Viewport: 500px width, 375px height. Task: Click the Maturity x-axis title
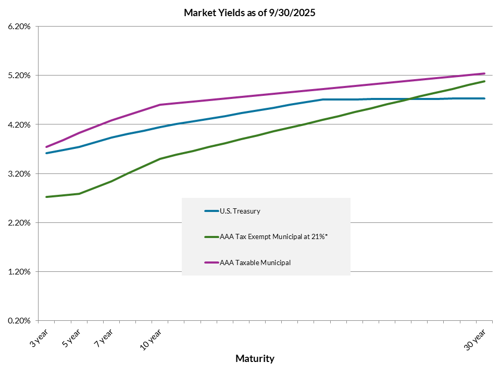255,358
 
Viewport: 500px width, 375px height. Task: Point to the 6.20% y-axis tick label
19,26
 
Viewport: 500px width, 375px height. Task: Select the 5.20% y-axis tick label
19,76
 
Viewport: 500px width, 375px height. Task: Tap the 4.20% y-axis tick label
19,124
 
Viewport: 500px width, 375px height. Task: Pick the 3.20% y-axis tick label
19,173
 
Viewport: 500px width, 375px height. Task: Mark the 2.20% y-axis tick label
19,223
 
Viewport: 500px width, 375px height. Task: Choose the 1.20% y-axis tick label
19,272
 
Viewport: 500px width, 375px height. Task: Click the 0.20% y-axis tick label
19,321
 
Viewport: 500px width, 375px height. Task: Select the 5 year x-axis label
71,338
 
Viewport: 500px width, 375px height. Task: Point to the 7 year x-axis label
103,338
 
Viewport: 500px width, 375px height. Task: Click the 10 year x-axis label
151,339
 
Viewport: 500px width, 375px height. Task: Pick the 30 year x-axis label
474,339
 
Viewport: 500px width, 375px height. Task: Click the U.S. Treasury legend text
240,211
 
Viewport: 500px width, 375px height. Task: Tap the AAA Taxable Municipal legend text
255,262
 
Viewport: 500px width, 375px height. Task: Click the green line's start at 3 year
47,197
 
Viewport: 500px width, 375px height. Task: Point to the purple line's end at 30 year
484,73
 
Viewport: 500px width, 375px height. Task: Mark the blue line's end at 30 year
484,98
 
